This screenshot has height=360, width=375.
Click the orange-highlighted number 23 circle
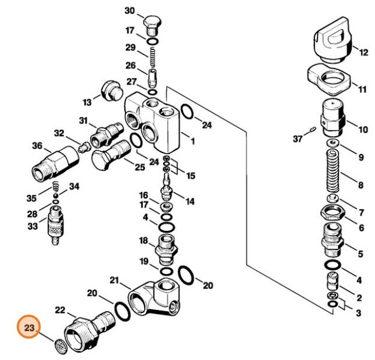point(28,326)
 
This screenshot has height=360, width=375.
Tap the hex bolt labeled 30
point(151,26)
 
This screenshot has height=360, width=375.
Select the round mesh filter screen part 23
point(60,347)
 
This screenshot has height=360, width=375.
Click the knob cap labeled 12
point(333,40)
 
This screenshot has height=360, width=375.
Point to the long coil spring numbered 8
point(333,171)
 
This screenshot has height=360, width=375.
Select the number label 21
point(115,280)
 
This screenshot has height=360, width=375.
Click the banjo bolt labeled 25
point(110,155)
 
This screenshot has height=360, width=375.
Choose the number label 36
point(37,145)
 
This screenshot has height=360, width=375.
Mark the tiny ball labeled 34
point(55,195)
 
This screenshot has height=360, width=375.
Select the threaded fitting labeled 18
point(166,249)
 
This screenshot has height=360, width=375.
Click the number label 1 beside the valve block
point(192,141)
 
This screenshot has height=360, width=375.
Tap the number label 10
point(363,130)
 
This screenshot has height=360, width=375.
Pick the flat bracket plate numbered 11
point(329,80)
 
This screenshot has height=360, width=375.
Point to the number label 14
point(190,201)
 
